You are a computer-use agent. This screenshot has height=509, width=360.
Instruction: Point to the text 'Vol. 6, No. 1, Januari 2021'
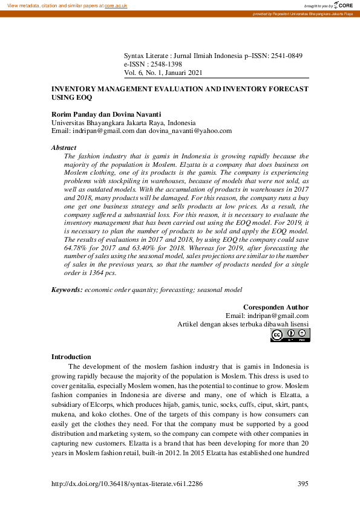coord(163,73)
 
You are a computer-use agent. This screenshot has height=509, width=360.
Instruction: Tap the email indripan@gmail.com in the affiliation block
coord(103,131)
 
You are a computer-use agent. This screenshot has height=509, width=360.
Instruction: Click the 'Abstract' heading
coord(64,148)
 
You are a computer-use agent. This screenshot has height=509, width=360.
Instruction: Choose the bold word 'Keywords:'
coord(67,290)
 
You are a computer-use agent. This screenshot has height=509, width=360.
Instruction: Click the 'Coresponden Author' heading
coord(276,307)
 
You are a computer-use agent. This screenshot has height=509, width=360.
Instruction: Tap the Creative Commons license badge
coord(290,335)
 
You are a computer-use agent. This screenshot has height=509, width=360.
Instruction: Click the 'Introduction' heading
coord(71,357)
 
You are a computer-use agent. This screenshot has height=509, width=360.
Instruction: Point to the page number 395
coord(303,484)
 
